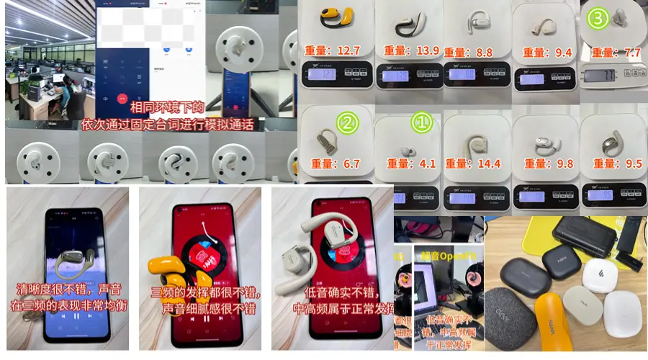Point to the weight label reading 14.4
(x=474, y=163)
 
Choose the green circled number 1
(x=420, y=122)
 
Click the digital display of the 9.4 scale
(x=532, y=77)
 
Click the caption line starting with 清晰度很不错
(x=68, y=289)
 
